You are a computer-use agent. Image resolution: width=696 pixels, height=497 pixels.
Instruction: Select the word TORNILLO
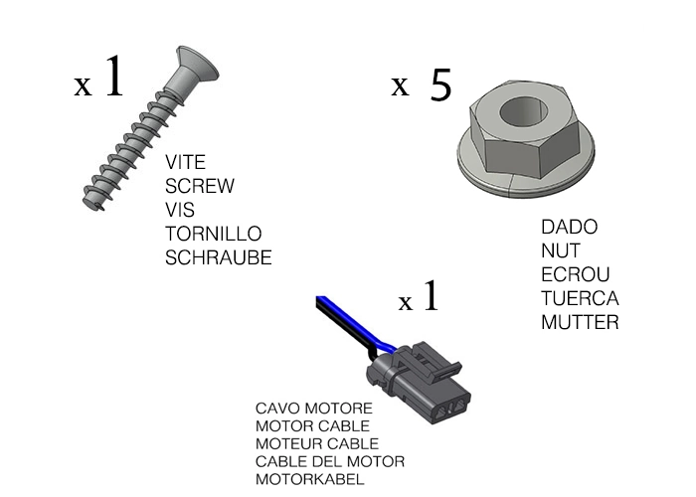[x=214, y=234]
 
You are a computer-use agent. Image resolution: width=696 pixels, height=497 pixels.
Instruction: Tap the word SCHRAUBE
[x=219, y=257]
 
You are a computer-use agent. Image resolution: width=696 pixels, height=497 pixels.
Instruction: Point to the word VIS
[x=180, y=210]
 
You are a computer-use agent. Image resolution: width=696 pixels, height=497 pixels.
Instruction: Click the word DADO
[x=570, y=228]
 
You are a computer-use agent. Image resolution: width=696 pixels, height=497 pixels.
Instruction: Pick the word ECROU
[x=575, y=274]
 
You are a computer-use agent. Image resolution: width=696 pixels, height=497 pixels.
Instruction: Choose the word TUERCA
[x=580, y=298]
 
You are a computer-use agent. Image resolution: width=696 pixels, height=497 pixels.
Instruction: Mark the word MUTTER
[x=580, y=322]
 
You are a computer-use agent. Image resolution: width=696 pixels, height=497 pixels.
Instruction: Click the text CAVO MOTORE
[x=314, y=409]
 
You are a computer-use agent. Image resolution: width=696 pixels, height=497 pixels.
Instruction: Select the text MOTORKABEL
[x=310, y=479]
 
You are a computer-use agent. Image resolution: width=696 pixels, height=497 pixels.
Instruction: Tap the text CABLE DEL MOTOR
[x=330, y=461]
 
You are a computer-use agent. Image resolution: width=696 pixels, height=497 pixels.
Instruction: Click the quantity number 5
[x=440, y=86]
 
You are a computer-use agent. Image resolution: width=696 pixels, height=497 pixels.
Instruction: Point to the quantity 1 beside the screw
[x=113, y=78]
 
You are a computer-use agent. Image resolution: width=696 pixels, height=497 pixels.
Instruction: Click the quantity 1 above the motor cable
[x=430, y=295]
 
